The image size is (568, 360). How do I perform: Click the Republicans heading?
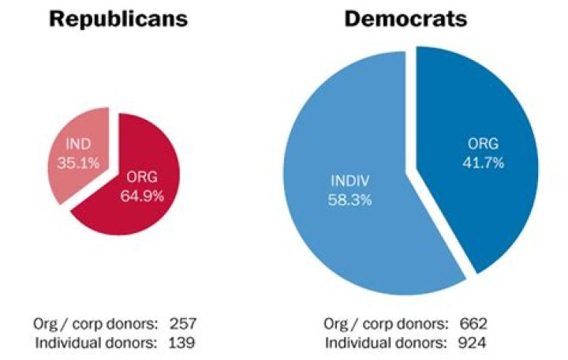point(118,20)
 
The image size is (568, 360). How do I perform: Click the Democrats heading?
point(405,20)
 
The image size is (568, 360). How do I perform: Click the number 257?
point(182,324)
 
